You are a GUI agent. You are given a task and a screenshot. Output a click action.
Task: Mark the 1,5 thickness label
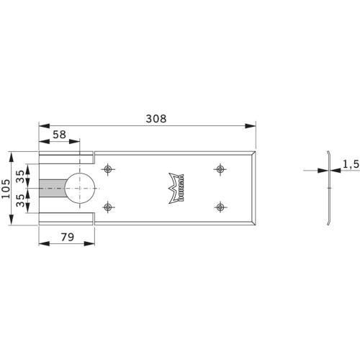[351, 165]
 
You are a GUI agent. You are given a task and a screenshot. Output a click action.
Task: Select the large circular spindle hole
[79, 188]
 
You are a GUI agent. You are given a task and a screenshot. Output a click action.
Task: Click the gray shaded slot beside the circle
[53, 188]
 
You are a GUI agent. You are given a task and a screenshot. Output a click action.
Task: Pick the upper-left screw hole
[108, 169]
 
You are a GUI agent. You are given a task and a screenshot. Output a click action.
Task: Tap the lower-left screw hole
[108, 207]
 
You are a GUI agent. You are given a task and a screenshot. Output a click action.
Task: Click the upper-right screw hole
[219, 169]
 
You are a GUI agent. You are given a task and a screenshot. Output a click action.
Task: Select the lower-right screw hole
[219, 207]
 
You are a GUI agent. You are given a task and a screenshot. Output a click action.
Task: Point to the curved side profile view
[328, 189]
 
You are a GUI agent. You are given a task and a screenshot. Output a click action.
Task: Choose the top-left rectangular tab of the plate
[66, 157]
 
